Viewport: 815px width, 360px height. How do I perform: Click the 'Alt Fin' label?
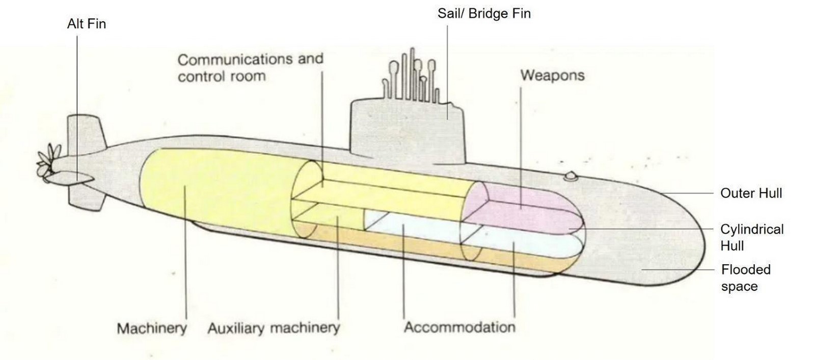click(87, 24)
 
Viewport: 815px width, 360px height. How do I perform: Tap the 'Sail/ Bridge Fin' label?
click(484, 13)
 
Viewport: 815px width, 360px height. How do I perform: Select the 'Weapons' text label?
click(552, 75)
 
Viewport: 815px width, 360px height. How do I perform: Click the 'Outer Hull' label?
click(751, 193)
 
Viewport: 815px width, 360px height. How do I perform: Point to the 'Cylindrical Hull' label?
click(752, 237)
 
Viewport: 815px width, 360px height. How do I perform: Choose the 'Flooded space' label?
click(746, 278)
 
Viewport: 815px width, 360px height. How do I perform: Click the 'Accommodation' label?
click(459, 327)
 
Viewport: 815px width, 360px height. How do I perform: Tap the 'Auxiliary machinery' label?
click(274, 328)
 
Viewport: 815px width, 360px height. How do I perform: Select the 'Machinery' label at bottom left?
click(152, 328)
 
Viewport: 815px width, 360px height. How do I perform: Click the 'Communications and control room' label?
click(250, 68)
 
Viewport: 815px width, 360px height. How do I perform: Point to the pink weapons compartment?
click(524, 209)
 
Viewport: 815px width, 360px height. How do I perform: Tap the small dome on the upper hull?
click(570, 176)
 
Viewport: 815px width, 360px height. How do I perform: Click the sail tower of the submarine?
click(407, 131)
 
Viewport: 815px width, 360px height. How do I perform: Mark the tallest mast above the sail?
click(412, 74)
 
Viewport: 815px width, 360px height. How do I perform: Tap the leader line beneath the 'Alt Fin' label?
click(77, 108)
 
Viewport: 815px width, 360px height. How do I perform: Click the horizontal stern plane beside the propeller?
click(71, 178)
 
